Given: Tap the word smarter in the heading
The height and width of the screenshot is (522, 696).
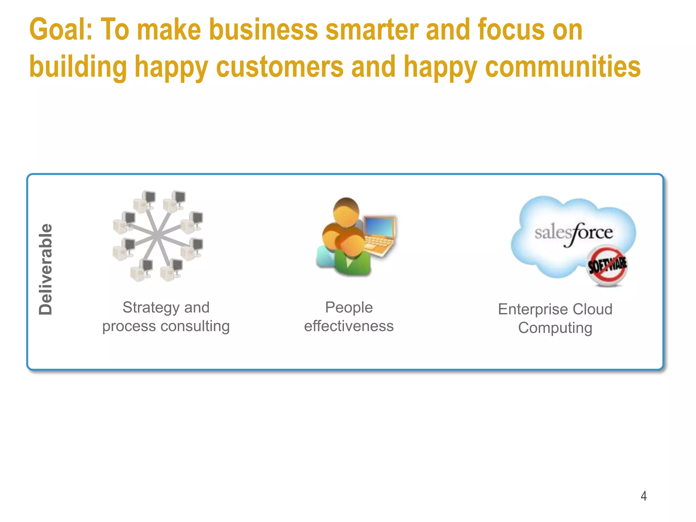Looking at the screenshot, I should point(372,30).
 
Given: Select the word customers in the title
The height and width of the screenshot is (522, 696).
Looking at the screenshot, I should point(280,67).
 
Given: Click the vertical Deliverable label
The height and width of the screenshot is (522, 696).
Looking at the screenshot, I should point(46,269).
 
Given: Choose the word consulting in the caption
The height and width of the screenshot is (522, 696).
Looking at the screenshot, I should point(195,326).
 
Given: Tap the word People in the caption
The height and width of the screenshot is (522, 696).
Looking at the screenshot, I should point(349,308).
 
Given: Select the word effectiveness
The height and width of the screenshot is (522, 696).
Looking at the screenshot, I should point(349,326).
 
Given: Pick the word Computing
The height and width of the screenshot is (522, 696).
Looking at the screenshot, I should point(555,328).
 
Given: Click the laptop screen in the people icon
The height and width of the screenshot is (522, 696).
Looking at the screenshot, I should point(379,226).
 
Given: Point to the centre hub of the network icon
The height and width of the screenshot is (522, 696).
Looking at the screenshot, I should point(157,235).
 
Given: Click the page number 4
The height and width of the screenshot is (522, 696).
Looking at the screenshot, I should point(643,496).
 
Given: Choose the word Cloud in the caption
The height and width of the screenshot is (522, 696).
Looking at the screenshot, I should point(592,310).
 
